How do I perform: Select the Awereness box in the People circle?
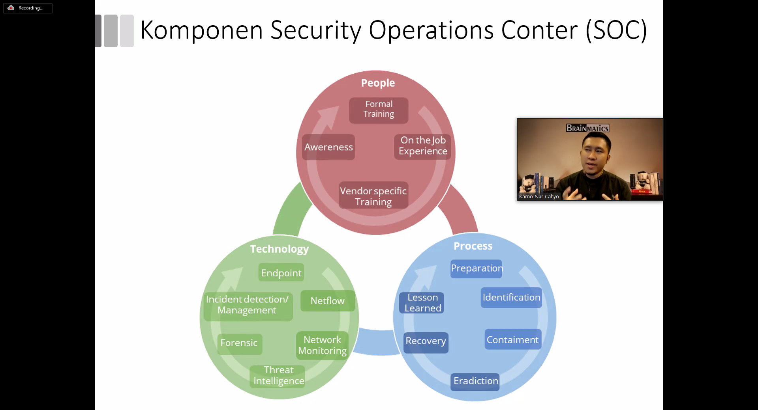(328, 147)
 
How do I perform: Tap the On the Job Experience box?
(422, 146)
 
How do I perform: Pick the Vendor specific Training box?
(373, 196)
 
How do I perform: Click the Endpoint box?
(281, 273)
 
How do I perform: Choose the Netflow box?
(327, 301)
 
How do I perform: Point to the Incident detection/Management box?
(248, 305)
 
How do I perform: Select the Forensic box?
(239, 343)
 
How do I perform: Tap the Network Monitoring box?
(322, 345)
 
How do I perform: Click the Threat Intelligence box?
(278, 376)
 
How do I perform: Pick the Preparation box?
(477, 268)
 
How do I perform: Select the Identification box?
(511, 298)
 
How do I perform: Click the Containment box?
(512, 340)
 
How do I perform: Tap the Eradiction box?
(475, 381)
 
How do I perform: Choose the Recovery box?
(426, 341)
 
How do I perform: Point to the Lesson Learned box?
(422, 303)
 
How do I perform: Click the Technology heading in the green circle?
(279, 249)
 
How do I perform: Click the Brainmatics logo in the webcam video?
(587, 128)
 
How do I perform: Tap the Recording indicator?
(28, 8)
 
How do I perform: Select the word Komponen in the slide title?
(201, 30)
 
